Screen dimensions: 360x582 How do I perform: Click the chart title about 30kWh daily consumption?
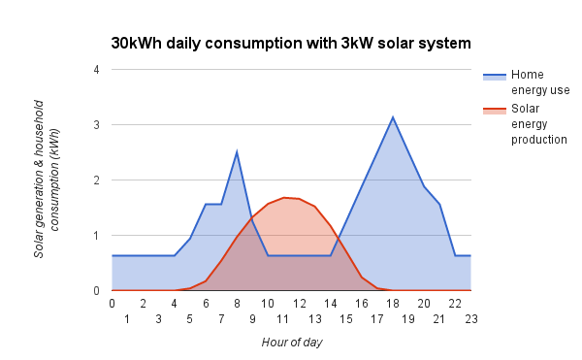(x=291, y=44)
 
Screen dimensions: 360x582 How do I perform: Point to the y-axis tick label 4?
(x=96, y=70)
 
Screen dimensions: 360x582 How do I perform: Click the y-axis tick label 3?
(x=96, y=125)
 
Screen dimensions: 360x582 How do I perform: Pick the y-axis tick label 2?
(x=96, y=180)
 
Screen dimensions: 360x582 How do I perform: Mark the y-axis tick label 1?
(x=96, y=236)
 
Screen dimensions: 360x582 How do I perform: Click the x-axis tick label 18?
(x=393, y=304)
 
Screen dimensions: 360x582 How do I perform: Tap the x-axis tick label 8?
(x=237, y=304)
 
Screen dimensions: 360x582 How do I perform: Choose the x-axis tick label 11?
(x=283, y=318)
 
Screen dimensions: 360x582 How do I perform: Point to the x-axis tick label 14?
(x=330, y=304)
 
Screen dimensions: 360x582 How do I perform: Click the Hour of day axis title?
(x=291, y=342)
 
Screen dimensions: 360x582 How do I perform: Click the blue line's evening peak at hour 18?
(x=393, y=117)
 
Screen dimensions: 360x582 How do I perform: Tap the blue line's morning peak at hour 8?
(x=237, y=151)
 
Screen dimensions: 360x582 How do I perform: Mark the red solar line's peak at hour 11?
(x=283, y=197)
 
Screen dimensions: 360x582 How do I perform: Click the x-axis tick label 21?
(x=439, y=318)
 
